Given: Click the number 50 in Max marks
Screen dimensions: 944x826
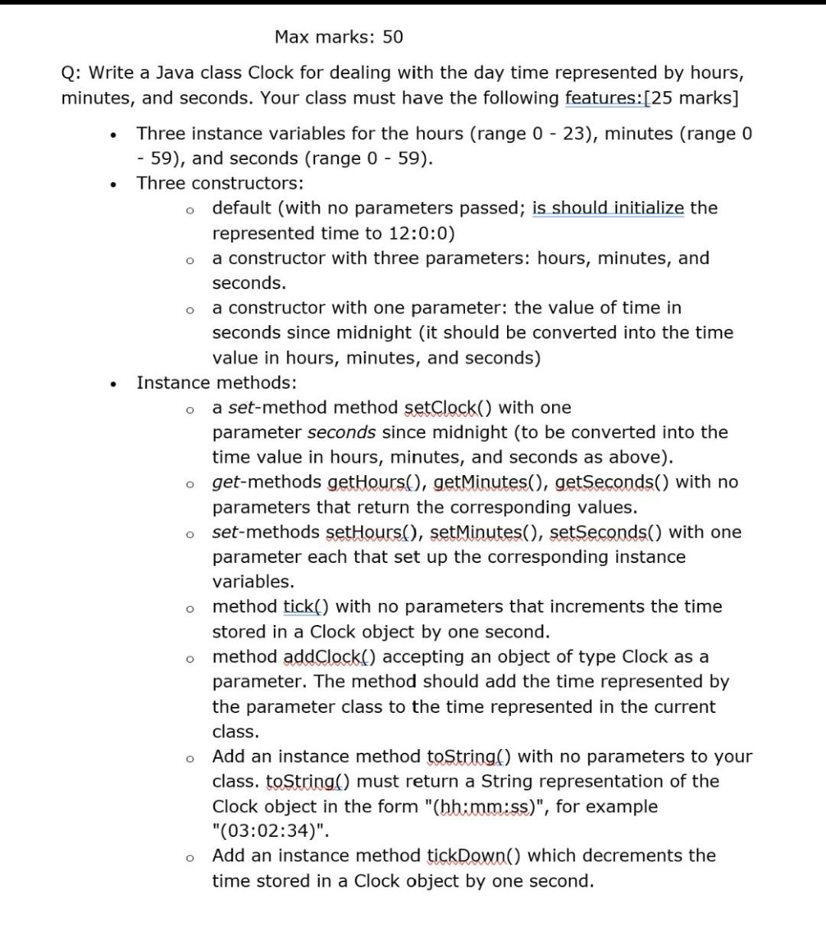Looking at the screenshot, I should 392,37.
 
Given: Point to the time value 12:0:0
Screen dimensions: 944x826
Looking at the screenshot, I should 420,233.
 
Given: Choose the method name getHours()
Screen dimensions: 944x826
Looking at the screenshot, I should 374,482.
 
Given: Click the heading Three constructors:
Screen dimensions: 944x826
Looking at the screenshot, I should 220,184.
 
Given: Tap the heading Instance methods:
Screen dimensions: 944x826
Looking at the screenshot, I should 216,382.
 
